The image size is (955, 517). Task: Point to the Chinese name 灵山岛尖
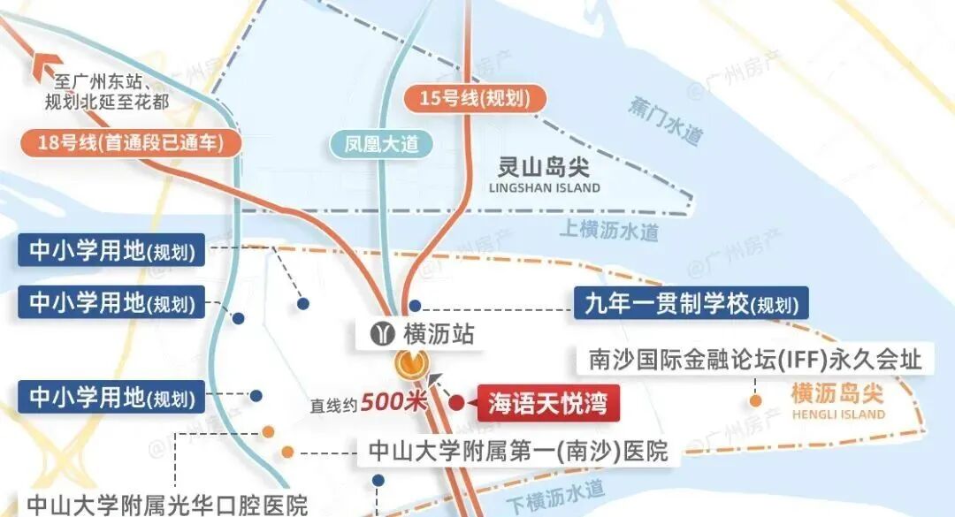click(x=544, y=165)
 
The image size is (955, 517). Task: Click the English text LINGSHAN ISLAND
click(x=544, y=187)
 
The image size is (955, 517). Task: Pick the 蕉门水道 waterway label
click(x=666, y=122)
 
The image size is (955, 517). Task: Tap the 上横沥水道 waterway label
click(x=609, y=231)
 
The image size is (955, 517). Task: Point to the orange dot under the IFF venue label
click(x=756, y=400)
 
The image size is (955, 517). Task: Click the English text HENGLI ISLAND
click(x=837, y=414)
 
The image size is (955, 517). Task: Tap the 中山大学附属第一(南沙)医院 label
click(x=512, y=452)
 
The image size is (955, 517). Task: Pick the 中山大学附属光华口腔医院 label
click(x=167, y=506)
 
